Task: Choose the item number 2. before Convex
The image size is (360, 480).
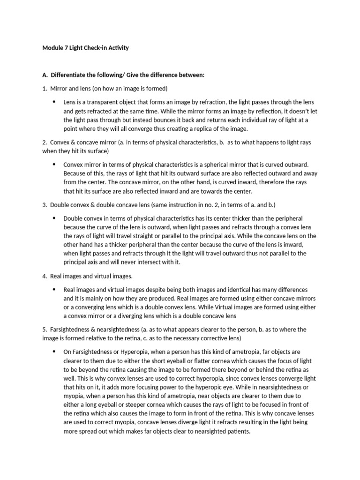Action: tap(45, 142)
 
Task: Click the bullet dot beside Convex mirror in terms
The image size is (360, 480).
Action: tap(53, 165)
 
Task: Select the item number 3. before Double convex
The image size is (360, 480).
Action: tap(45, 205)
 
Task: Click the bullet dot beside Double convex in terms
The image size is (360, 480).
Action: tap(53, 218)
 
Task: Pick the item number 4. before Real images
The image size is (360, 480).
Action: tap(45, 276)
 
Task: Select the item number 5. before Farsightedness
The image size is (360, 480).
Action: tap(45, 330)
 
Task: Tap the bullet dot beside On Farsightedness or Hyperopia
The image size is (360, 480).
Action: tap(53, 352)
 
